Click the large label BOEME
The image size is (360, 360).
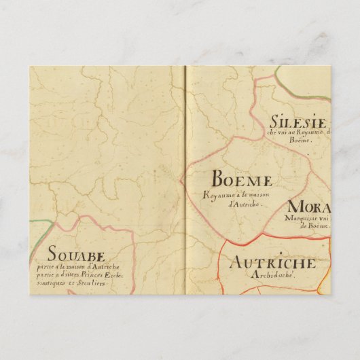(242, 180)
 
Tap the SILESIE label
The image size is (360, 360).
(299, 122)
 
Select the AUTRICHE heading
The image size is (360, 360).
(272, 263)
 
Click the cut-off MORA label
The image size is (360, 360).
(309, 207)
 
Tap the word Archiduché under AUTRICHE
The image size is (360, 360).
(272, 276)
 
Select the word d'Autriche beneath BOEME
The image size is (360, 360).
(242, 203)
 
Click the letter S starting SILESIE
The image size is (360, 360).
(274, 122)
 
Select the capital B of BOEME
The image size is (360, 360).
(219, 180)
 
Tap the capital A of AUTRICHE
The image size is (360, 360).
(235, 263)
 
